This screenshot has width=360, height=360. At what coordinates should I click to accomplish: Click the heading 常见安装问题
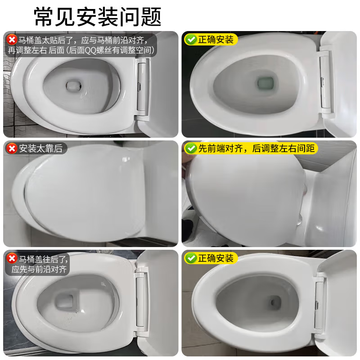[x=98, y=17]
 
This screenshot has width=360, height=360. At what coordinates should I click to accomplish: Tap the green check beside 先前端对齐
[x=191, y=148]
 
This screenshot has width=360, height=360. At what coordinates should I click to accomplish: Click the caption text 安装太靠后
[x=40, y=148]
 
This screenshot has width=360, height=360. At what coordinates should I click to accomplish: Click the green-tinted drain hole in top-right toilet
[x=264, y=83]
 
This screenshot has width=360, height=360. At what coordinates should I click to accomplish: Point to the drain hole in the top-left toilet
[x=72, y=85]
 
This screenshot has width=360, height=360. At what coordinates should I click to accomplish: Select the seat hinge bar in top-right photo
[x=324, y=81]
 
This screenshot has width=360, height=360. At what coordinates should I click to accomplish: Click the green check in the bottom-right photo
[x=191, y=258]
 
